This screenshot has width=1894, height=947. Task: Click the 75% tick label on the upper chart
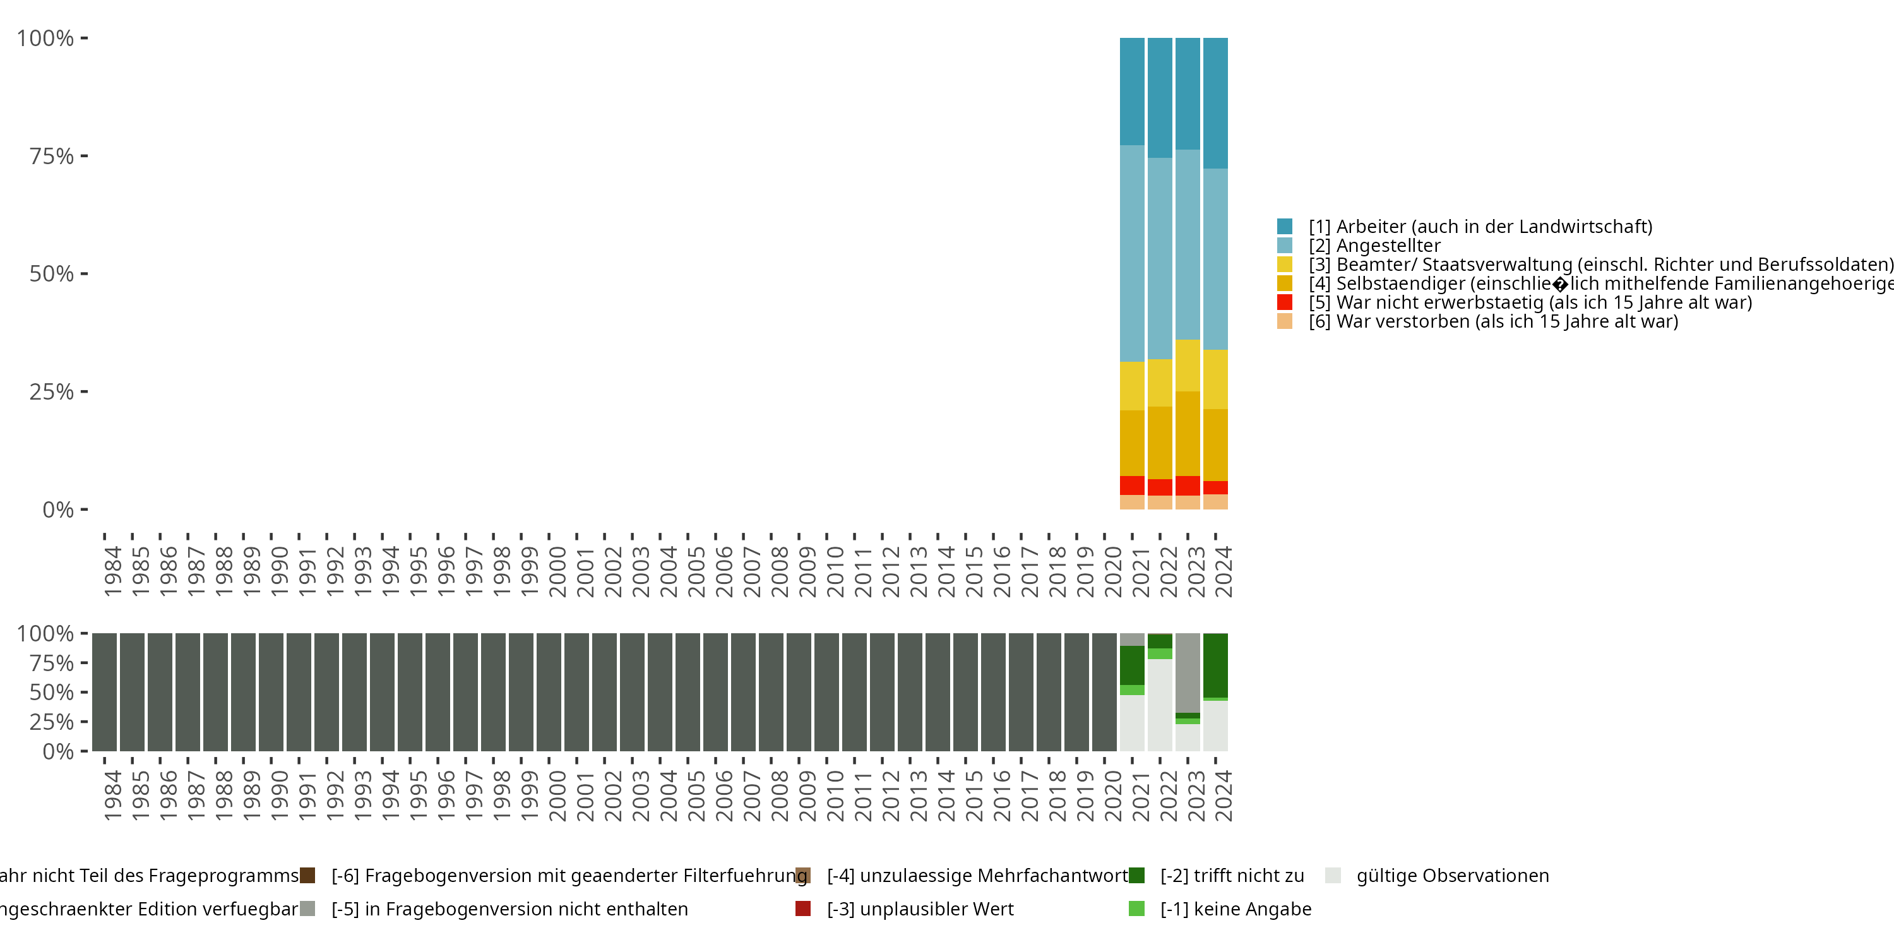52,157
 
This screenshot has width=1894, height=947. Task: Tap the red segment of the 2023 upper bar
1188,485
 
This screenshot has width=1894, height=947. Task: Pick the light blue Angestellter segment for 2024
1215,259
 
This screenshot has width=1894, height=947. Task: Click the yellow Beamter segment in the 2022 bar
1160,383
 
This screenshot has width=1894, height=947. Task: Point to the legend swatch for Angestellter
1285,246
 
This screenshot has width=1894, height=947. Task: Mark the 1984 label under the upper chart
112,571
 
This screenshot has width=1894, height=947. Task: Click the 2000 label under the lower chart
557,795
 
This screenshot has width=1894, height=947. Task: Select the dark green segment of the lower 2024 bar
1215,665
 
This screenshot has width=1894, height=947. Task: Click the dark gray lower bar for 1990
271,692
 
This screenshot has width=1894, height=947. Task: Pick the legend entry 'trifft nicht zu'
1232,876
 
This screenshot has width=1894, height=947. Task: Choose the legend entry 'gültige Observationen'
1452,876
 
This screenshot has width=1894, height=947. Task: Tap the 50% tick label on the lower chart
52,693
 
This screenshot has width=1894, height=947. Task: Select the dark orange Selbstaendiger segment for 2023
1188,434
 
